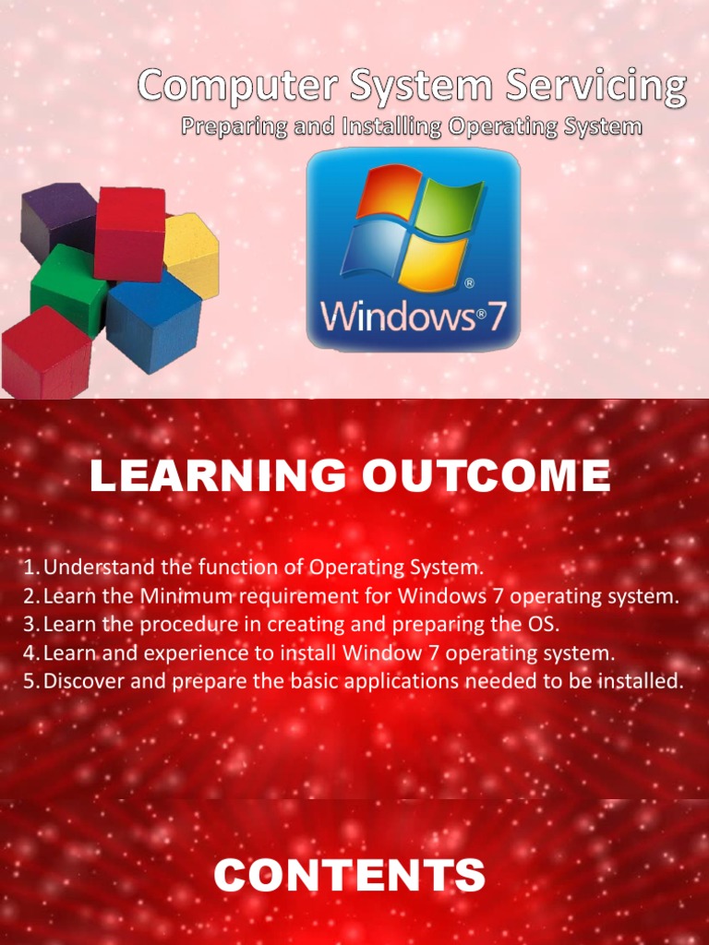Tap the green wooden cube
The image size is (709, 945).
66,288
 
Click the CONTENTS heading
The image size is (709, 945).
349,875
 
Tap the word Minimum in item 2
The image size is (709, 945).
180,595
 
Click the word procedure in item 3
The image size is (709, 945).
169,625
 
